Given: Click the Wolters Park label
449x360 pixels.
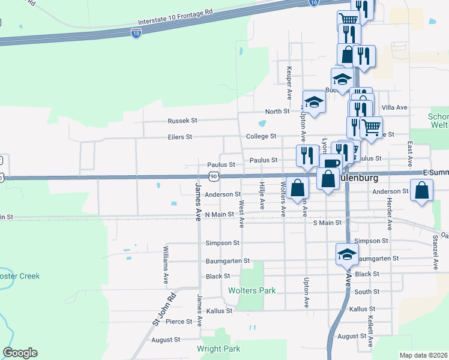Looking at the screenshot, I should click(x=252, y=291).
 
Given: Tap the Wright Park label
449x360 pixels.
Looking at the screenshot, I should click(x=218, y=349).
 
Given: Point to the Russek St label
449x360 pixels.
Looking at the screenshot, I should click(x=182, y=121).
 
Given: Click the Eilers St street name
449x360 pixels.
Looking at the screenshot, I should click(x=180, y=137).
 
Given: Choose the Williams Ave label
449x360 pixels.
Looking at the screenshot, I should click(x=166, y=265).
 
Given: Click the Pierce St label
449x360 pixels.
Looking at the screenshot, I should click(x=179, y=322).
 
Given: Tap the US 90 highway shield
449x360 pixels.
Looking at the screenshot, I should click(x=214, y=176).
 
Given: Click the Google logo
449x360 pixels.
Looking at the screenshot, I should click(x=20, y=353).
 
